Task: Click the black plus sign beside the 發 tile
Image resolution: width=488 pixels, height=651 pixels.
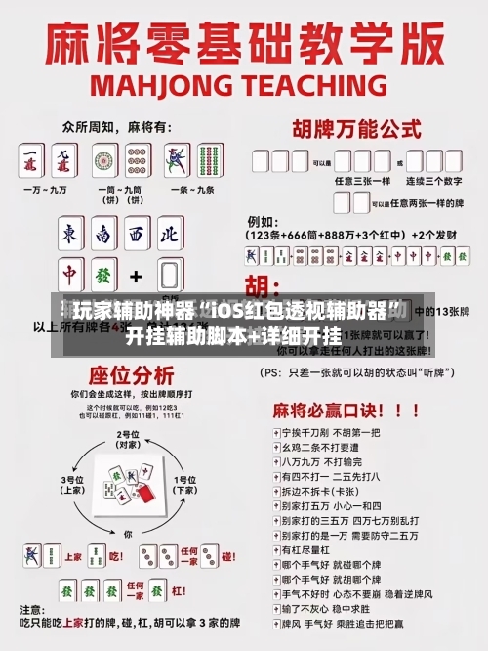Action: [137, 276]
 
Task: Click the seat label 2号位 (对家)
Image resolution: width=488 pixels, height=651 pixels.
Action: [128, 440]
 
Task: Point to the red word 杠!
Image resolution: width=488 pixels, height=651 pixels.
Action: [181, 558]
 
